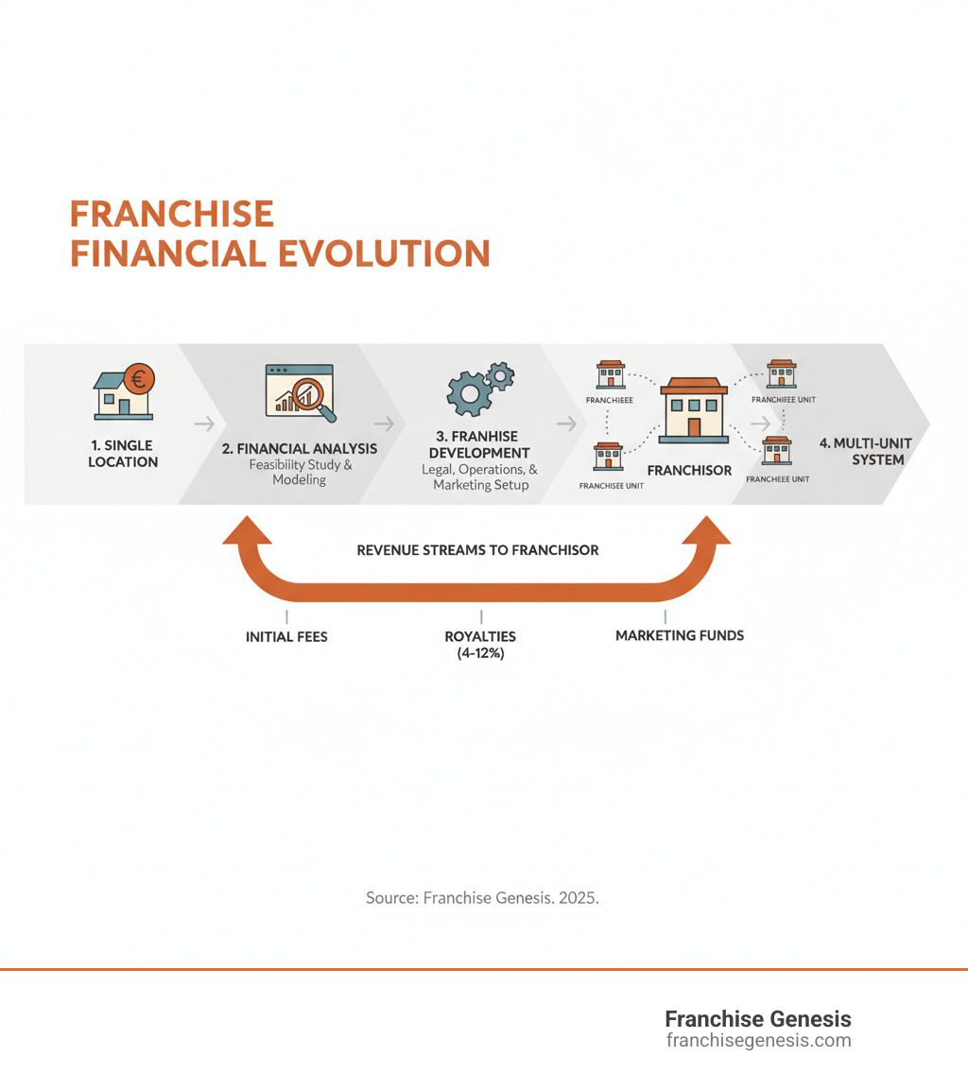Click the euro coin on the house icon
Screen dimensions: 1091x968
coord(141,381)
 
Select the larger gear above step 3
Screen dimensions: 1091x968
coord(466,393)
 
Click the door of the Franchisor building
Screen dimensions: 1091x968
coord(695,426)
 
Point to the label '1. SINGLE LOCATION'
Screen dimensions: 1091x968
coord(123,454)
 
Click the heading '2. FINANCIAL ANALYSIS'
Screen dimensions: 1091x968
coord(300,449)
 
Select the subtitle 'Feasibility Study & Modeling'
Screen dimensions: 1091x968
coord(300,472)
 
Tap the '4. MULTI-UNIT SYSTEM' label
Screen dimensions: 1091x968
coord(867,451)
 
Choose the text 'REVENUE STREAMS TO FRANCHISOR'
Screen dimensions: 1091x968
coord(477,549)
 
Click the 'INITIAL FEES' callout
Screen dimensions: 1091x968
coord(286,636)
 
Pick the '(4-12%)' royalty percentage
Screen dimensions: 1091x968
coord(480,652)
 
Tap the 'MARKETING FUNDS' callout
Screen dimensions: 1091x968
coord(680,635)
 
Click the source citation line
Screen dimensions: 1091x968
coord(482,897)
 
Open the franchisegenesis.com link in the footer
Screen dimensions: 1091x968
coord(758,1041)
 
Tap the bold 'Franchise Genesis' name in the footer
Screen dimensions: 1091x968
coord(758,1019)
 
